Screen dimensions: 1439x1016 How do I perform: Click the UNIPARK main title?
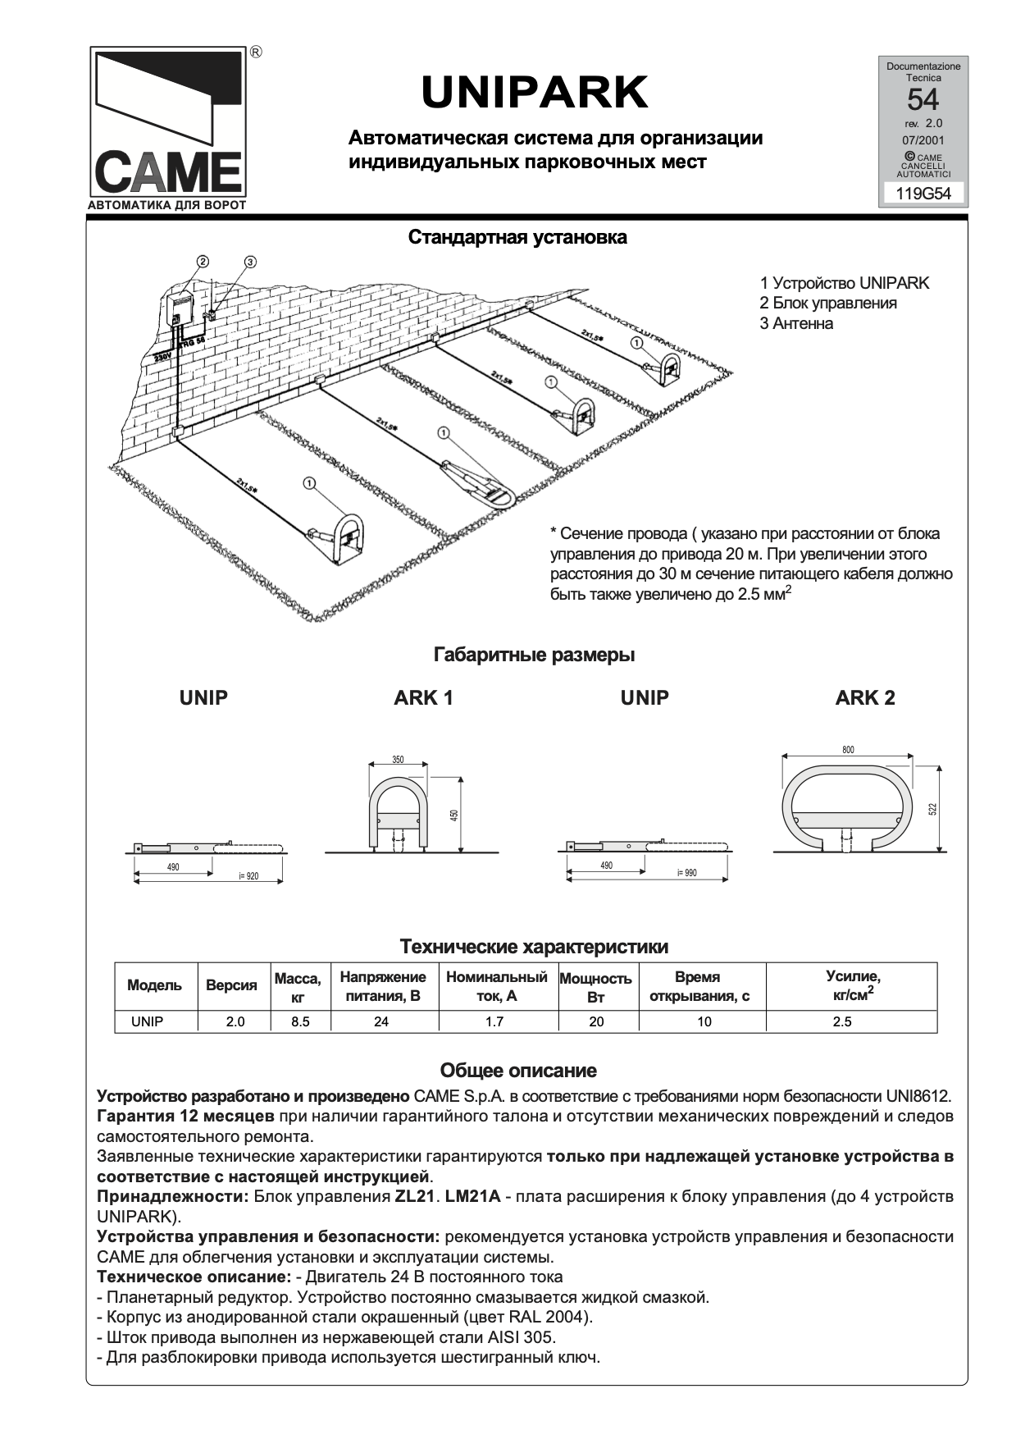(x=535, y=93)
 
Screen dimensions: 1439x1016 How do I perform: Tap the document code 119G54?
(x=923, y=194)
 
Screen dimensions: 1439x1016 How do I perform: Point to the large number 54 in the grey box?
(x=923, y=100)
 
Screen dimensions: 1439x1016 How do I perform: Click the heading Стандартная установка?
(x=517, y=238)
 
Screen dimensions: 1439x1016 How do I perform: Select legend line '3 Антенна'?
(x=796, y=323)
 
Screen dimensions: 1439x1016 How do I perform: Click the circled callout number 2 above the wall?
(x=203, y=262)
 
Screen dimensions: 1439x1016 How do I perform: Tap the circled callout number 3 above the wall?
(x=251, y=262)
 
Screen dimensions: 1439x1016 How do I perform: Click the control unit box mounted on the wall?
(x=180, y=310)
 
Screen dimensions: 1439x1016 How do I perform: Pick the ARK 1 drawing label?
(x=423, y=698)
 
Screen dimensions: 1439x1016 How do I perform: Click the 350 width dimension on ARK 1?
(x=398, y=760)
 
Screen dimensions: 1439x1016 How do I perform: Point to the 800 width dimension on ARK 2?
(x=848, y=750)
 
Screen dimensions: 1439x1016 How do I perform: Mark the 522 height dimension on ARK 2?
(x=932, y=809)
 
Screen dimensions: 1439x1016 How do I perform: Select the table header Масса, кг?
(x=298, y=987)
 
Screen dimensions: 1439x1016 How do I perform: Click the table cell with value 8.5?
(x=300, y=1022)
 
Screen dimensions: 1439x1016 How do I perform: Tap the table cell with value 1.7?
(x=494, y=1022)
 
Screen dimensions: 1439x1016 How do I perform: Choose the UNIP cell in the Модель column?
(x=148, y=1022)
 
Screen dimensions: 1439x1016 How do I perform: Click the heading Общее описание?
(x=518, y=1071)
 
